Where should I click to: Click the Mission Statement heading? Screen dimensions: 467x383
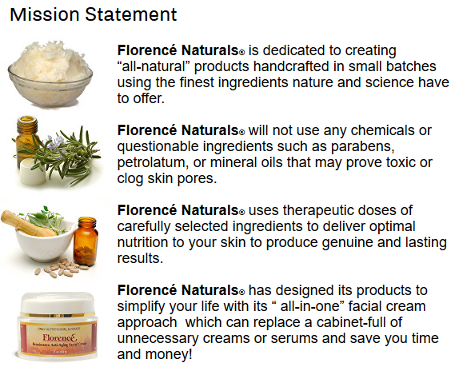click(94, 14)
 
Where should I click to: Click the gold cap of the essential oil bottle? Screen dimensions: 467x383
click(27, 122)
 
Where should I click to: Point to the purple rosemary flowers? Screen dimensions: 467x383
click(57, 143)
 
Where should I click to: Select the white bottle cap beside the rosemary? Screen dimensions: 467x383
click(32, 171)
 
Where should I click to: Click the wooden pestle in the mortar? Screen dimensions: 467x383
click(28, 223)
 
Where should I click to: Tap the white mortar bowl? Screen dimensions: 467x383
click(45, 243)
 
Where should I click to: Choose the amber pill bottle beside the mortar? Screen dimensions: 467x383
click(86, 241)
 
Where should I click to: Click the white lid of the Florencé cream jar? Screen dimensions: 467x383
click(58, 303)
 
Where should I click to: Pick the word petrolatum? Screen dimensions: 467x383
click(153, 162)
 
